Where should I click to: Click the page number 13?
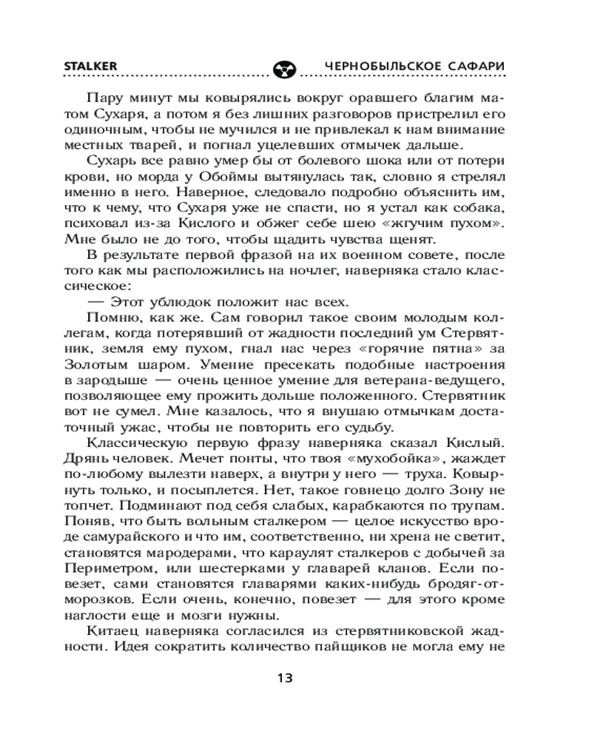point(285,678)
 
